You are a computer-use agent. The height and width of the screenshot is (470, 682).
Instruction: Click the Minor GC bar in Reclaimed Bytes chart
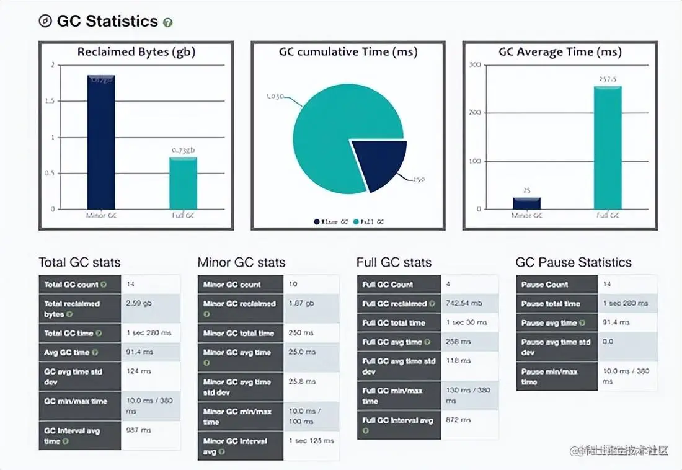100,143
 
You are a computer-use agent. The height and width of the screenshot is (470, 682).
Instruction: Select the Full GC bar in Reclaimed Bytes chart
184,184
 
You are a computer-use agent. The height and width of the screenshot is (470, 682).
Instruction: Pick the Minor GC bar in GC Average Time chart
526,203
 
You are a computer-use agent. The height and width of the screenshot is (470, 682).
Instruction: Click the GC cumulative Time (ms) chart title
348,52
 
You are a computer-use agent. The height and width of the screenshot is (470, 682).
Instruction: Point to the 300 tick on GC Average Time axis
476,65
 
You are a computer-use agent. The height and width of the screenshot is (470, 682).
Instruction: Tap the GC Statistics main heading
107,21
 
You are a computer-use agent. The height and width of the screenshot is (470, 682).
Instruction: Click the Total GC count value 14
130,285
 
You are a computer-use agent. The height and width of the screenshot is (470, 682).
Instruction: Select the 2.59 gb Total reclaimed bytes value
139,304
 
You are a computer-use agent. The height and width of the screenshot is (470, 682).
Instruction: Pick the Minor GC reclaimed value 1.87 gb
301,304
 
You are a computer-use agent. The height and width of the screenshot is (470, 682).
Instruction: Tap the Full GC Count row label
387,285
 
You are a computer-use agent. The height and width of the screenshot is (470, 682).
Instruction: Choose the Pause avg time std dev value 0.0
608,342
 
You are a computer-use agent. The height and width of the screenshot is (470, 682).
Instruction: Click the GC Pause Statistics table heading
573,262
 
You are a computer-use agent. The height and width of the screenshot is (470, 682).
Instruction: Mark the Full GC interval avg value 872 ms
458,420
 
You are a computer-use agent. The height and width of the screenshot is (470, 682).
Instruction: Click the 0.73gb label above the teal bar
184,151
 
